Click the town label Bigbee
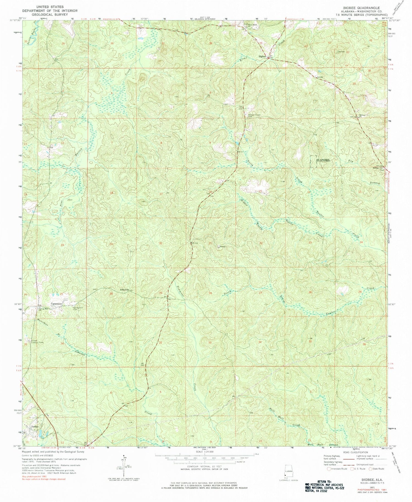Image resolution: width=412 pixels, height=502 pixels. (262, 57)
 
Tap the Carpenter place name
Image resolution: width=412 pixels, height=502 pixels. (56, 304)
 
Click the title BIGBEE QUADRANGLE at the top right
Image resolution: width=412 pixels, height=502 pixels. (361, 8)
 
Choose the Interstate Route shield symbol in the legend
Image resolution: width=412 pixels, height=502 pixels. (329, 469)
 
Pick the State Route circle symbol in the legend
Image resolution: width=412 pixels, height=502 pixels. (371, 469)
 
